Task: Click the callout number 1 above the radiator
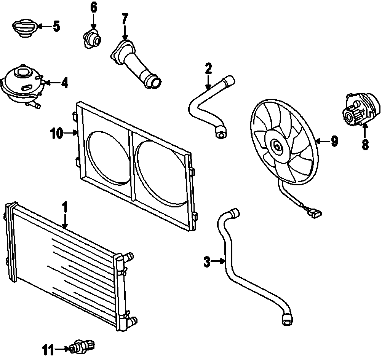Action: point(65,207)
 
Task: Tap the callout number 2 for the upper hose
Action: point(208,69)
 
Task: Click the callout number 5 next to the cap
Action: point(56,26)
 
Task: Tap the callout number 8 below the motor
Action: point(365,144)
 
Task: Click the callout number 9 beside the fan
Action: point(334,141)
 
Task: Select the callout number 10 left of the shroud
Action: point(56,133)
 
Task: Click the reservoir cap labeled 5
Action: point(24,28)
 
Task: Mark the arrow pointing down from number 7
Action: point(125,32)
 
